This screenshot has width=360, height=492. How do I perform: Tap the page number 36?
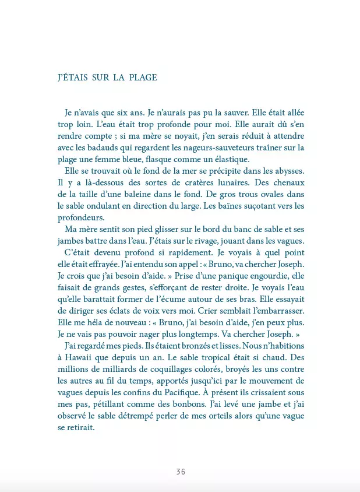click(x=181, y=472)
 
